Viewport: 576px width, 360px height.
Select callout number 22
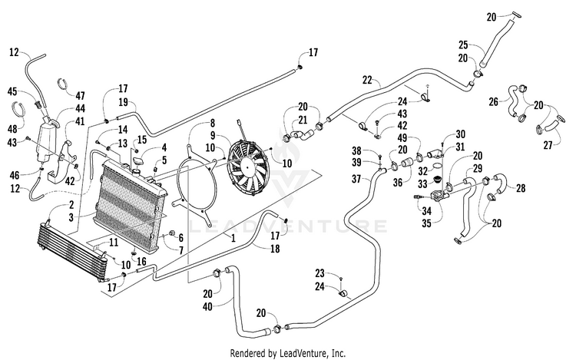click(367, 80)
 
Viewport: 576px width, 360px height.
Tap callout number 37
click(356, 179)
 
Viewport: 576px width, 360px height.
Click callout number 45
click(12, 91)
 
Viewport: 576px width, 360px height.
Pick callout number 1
click(233, 238)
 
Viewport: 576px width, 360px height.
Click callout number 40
click(208, 306)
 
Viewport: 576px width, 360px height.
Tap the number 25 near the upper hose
click(463, 45)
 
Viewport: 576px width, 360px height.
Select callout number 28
click(521, 188)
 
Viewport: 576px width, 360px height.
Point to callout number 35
click(426, 223)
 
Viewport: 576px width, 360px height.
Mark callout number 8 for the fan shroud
click(212, 123)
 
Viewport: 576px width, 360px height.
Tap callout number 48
click(12, 129)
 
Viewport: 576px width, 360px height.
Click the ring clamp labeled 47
click(64, 84)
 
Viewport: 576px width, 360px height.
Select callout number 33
click(422, 183)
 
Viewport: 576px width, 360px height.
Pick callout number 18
click(275, 249)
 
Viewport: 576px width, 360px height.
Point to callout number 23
click(320, 273)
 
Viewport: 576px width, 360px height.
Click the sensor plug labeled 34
click(418, 197)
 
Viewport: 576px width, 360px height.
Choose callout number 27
click(548, 145)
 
